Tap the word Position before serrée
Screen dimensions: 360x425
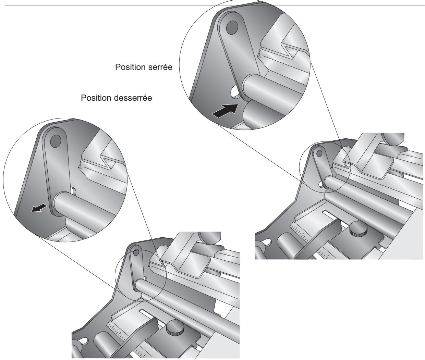point(132,67)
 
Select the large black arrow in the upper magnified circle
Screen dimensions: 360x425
point(224,111)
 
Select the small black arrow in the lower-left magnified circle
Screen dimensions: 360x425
point(38,207)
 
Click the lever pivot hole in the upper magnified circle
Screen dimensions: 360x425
point(232,26)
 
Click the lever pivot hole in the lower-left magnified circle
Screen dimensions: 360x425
point(55,139)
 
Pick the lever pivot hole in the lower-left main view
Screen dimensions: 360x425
point(136,253)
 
